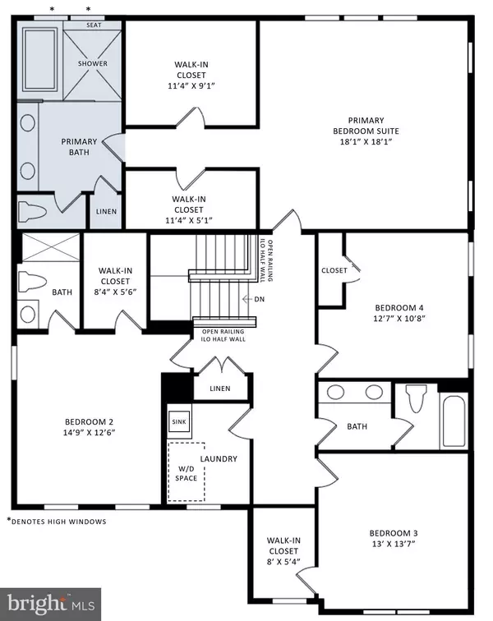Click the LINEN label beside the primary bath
point(106,211)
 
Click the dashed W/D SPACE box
point(186,471)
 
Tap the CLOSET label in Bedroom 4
point(334,269)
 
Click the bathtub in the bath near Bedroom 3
point(454,420)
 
